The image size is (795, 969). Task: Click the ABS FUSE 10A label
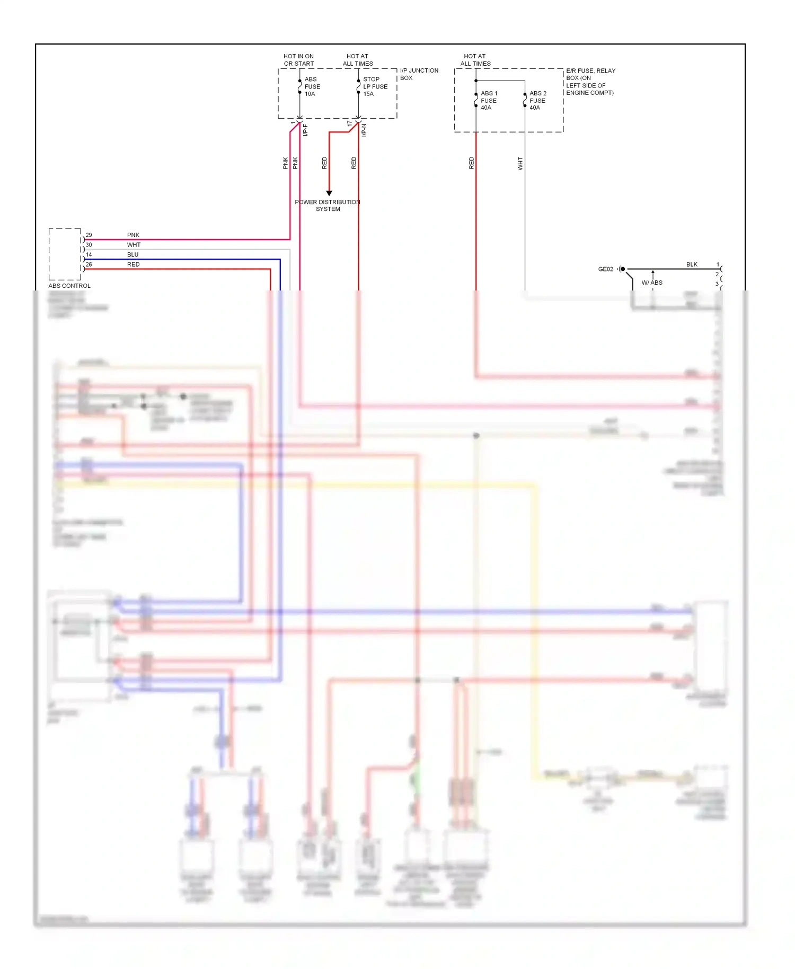(x=312, y=86)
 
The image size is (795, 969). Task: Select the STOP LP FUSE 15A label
(x=375, y=86)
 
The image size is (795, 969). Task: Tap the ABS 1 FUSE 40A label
(x=489, y=100)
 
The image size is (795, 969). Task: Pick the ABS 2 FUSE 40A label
(x=537, y=100)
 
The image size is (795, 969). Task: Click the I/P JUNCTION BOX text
(x=419, y=74)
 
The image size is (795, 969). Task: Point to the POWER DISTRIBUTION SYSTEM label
(x=328, y=206)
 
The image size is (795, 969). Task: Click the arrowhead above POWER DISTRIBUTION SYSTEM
(x=329, y=193)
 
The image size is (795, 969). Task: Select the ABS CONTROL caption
(x=69, y=286)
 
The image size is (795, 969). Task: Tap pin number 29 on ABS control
(x=89, y=235)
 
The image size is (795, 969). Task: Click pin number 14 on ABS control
(x=89, y=254)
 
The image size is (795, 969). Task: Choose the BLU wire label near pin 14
(x=133, y=254)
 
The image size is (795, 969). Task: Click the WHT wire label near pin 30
(x=134, y=245)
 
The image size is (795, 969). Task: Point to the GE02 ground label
(x=605, y=269)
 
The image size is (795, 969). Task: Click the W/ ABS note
(x=652, y=283)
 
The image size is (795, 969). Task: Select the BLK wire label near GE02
(x=692, y=264)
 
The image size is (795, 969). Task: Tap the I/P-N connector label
(x=364, y=130)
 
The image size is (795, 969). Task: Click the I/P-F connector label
(x=306, y=130)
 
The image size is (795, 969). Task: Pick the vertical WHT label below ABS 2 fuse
(x=520, y=163)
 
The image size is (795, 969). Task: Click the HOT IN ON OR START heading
(x=298, y=60)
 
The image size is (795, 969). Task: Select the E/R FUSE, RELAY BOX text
(x=590, y=74)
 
